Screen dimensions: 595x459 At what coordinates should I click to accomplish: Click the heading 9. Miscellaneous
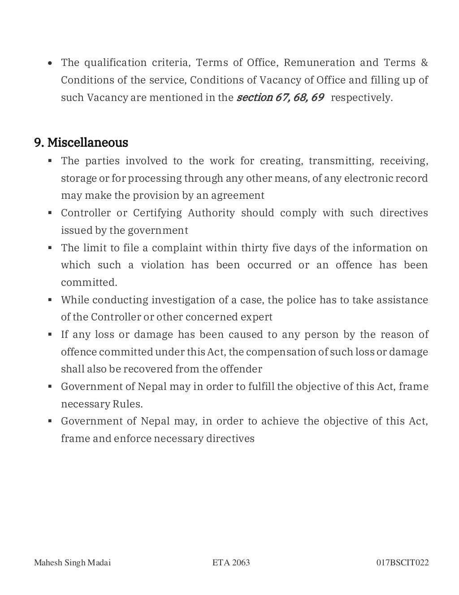[81, 143]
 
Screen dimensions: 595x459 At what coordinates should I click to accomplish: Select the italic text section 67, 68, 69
[280, 97]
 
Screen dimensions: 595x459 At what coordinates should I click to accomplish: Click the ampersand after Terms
[424, 62]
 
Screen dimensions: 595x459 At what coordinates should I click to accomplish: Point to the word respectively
[361, 97]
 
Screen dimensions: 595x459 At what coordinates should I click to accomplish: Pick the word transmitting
[341, 161]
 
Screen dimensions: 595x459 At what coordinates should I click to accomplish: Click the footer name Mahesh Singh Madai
[72, 563]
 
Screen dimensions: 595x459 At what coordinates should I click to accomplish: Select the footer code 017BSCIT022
[402, 563]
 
